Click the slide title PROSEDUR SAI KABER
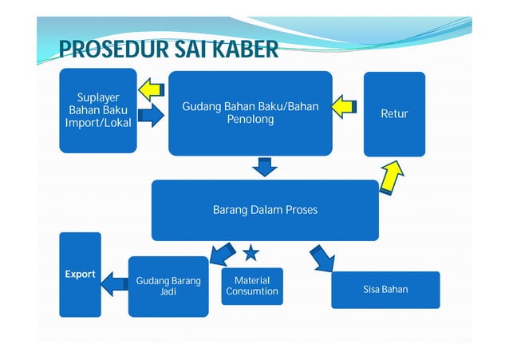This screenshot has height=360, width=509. [x=168, y=50]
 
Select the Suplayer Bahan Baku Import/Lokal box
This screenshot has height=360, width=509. [x=98, y=111]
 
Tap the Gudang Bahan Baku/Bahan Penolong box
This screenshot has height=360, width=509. [x=250, y=113]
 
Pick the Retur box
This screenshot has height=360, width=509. [x=394, y=114]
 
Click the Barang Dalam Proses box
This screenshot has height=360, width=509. [x=265, y=210]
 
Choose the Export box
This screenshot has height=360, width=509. [x=80, y=274]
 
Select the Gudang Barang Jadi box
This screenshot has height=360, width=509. [x=168, y=286]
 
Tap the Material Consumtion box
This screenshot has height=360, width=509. [x=252, y=286]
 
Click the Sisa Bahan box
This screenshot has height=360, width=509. [x=385, y=289]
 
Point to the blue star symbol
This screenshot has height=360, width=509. [x=251, y=254]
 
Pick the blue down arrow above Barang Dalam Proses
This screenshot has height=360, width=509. [x=264, y=166]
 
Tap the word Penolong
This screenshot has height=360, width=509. [x=250, y=120]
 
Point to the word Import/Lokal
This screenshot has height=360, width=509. [x=98, y=124]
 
